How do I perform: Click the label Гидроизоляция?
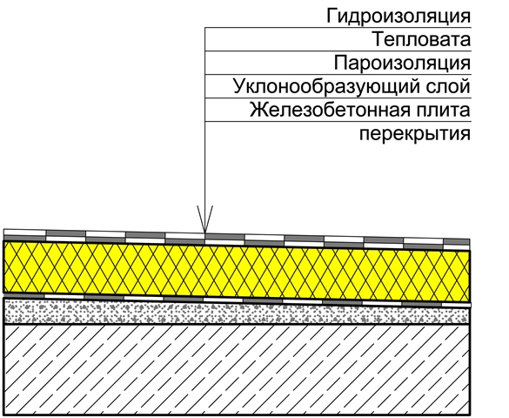(x=398, y=17)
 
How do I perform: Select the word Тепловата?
(x=421, y=39)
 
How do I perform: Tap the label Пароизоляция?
(x=402, y=63)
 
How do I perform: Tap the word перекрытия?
(x=415, y=134)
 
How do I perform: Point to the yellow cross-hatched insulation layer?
(x=237, y=271)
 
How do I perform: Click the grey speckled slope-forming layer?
(x=237, y=313)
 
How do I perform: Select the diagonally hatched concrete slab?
(x=237, y=369)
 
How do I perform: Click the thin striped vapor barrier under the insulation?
(x=237, y=300)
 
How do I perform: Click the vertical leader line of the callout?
(x=204, y=130)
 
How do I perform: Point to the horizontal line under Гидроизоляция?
(x=338, y=28)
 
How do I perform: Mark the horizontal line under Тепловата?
(x=338, y=51)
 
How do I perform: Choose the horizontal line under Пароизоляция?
(x=338, y=75)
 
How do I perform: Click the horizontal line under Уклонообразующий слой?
(x=338, y=98)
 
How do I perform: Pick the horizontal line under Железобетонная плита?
(x=338, y=122)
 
